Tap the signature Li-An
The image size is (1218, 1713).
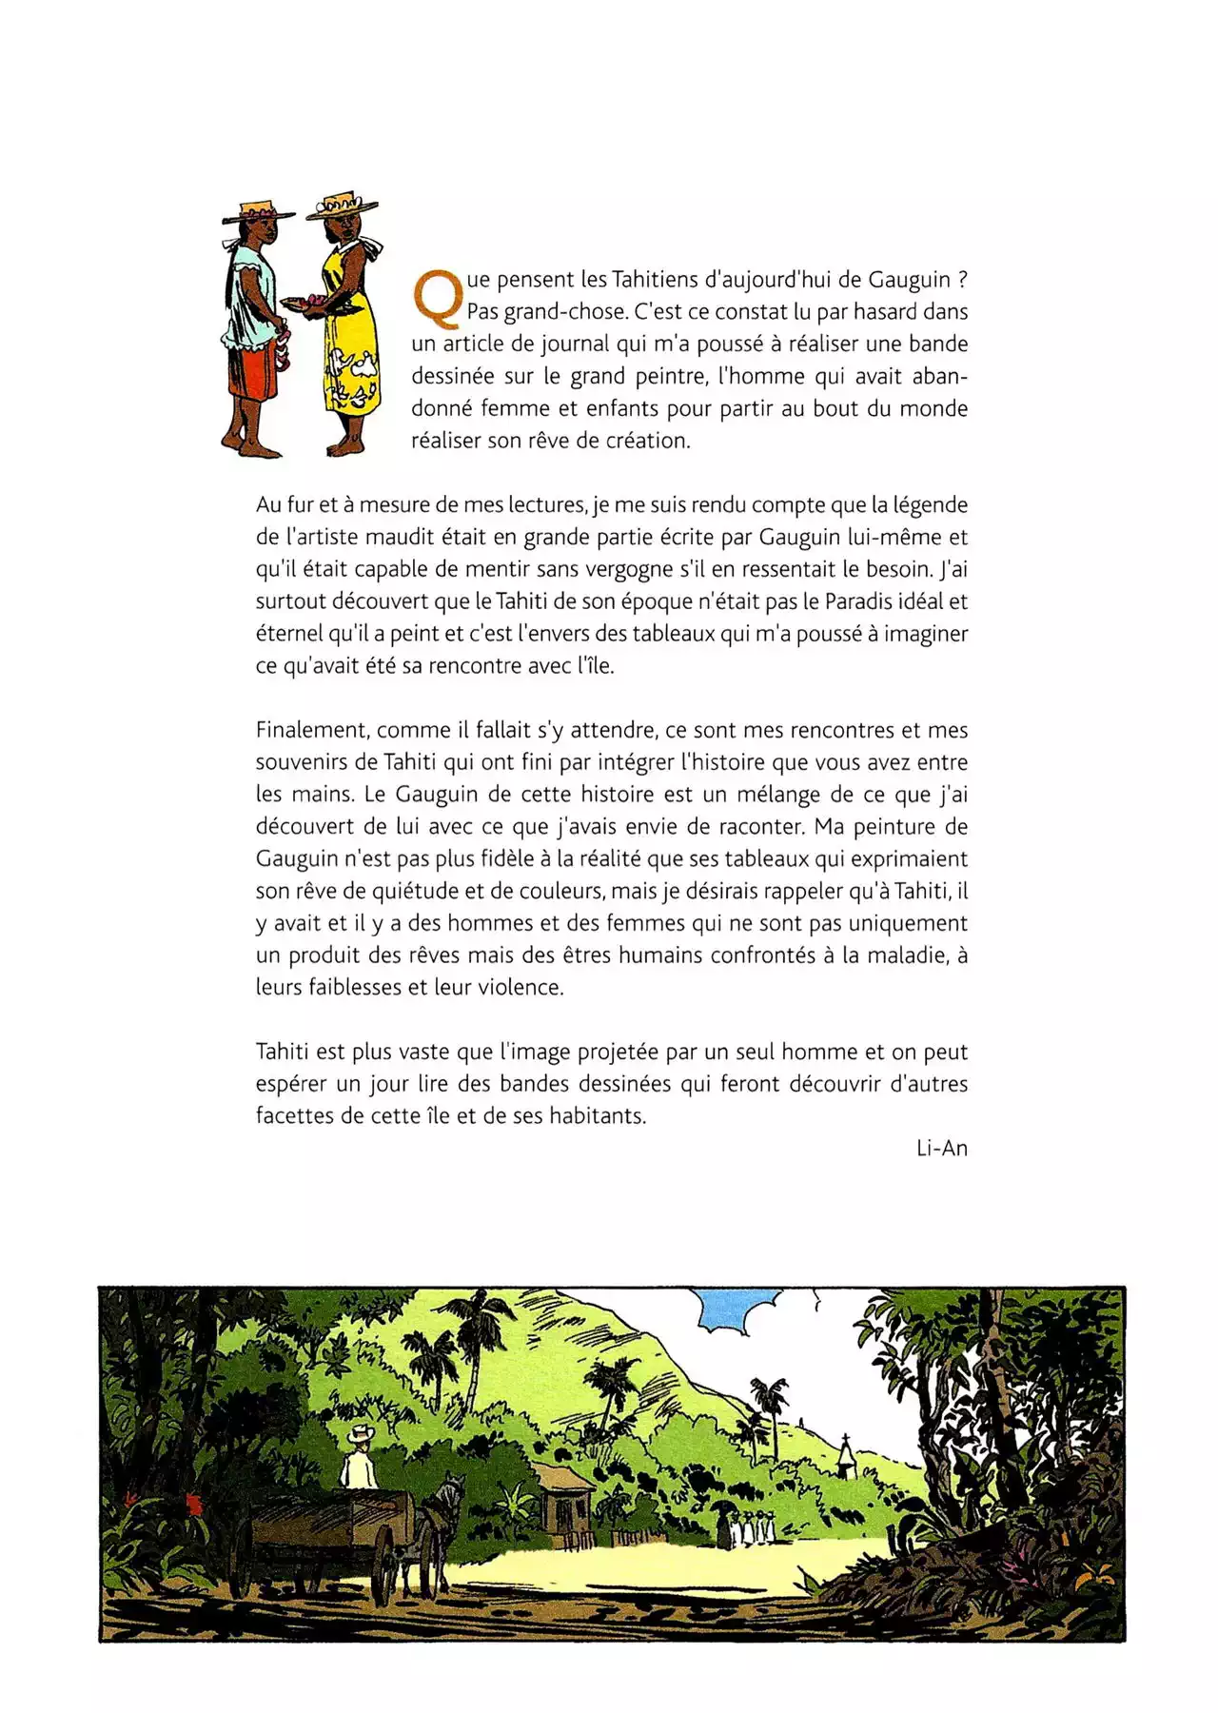pos(941,1149)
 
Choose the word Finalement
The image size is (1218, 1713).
pos(312,731)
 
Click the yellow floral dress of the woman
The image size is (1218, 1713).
pos(351,343)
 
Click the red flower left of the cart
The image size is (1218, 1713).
pos(194,1505)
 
